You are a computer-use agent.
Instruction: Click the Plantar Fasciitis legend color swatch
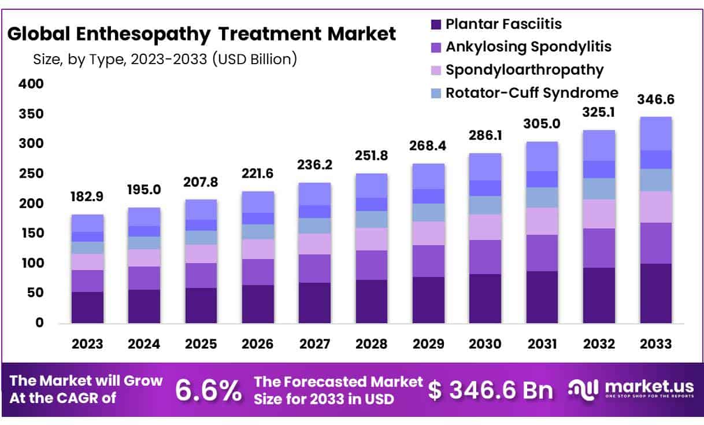pos(436,24)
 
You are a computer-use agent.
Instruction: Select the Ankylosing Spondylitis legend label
pos(528,46)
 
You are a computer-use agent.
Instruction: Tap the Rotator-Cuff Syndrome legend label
pos(532,93)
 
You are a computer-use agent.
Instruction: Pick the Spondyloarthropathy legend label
pos(524,70)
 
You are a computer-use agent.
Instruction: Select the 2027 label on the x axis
pos(314,344)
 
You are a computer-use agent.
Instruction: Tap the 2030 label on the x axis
pos(485,344)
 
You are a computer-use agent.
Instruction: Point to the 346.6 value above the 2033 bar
pos(655,99)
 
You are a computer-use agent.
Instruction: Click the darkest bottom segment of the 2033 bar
pos(655,293)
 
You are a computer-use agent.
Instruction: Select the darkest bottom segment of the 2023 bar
pos(87,308)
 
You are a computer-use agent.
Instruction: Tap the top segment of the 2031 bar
pos(542,156)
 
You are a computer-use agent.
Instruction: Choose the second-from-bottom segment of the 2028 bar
pos(372,265)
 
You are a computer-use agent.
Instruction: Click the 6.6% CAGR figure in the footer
pos(209,391)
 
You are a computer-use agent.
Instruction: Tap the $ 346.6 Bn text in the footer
pos(490,391)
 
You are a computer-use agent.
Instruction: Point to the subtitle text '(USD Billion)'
pos(254,58)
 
